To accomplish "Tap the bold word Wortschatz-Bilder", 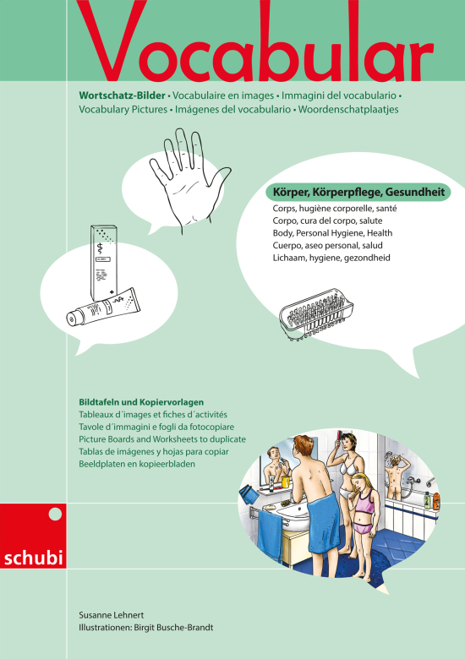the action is [x=122, y=95].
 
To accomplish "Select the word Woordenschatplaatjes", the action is [x=348, y=109].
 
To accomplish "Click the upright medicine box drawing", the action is [x=104, y=262].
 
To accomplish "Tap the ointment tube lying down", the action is [x=103, y=307].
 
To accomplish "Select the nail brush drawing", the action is [x=316, y=313].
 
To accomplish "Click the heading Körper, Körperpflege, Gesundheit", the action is [x=358, y=193].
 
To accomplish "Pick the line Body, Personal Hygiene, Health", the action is [x=332, y=233].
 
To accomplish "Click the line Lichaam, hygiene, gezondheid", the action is [x=331, y=258].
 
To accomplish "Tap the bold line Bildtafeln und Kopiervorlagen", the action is [x=141, y=402].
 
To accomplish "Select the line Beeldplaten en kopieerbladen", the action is [x=137, y=464].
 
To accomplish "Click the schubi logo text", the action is [x=33, y=558].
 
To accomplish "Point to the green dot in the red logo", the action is [x=55, y=514].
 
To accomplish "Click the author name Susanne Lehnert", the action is [x=112, y=615].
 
